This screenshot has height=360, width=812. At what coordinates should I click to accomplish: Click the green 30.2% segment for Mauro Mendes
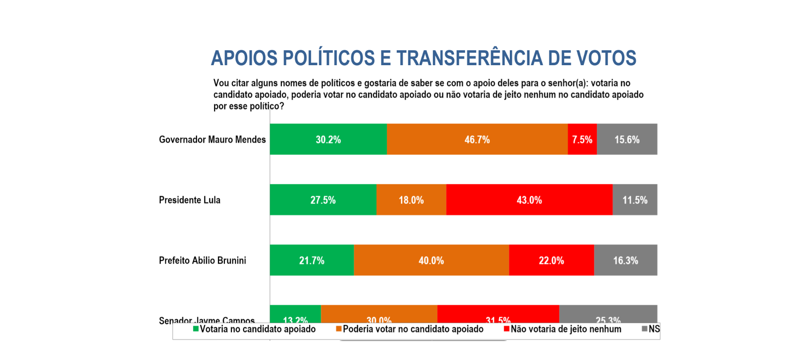coord(328,139)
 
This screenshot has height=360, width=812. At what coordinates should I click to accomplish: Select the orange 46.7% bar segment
coord(477,139)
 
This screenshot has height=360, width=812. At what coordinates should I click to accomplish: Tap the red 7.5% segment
coord(582,139)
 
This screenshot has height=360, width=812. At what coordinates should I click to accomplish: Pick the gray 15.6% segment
coord(627,139)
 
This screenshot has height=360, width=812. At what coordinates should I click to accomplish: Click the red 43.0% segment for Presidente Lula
coord(529,200)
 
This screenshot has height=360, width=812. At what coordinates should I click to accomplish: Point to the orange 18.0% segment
coord(411,200)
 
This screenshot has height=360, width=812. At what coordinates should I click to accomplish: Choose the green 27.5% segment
coord(323,200)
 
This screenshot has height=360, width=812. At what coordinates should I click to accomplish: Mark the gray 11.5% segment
coord(635,200)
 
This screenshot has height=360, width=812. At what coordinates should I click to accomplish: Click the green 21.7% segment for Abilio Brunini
coord(312,260)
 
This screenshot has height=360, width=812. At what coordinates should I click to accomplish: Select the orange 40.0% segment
coord(431,260)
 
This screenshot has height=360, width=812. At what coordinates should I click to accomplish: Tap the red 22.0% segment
coord(551,260)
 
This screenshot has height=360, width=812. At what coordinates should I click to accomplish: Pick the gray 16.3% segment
coord(626,260)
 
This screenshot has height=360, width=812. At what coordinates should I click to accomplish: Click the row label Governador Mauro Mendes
coord(212,140)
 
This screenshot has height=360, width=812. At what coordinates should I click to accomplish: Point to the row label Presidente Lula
coord(189,200)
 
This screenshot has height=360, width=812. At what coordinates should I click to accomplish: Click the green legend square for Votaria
coord(196,329)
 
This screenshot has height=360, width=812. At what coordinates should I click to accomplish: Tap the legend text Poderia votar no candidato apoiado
coord(413,329)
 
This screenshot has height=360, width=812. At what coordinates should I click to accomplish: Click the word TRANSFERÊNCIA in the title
coord(469,58)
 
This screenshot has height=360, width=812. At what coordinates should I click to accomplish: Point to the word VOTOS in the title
coord(606,58)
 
